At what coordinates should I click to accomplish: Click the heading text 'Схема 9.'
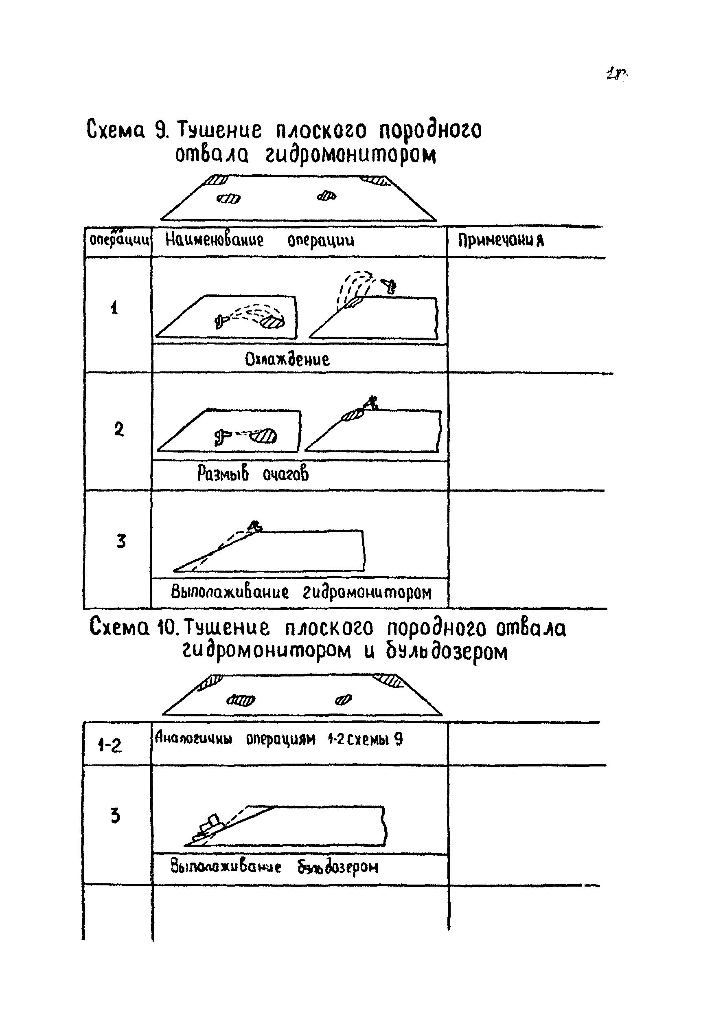(x=127, y=130)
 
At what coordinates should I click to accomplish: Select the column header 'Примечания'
(x=501, y=240)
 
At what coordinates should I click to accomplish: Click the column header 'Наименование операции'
(x=259, y=240)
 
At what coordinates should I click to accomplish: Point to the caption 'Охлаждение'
(x=287, y=359)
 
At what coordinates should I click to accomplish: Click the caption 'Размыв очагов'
(x=253, y=474)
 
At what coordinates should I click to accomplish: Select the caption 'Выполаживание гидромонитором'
(x=301, y=592)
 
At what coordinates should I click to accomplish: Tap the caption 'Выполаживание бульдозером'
(x=274, y=867)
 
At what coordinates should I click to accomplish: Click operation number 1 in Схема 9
(x=114, y=307)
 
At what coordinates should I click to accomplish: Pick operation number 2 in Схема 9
(x=119, y=429)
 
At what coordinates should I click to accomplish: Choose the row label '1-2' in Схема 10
(x=109, y=745)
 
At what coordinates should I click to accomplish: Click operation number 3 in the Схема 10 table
(x=115, y=816)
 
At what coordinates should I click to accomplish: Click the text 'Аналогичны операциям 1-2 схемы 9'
(x=278, y=739)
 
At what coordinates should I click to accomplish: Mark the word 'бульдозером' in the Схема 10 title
(x=447, y=652)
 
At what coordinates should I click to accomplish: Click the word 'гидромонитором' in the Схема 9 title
(x=351, y=154)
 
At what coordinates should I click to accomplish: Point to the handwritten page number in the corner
(x=617, y=74)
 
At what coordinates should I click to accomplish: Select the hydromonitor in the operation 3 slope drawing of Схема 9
(x=254, y=526)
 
